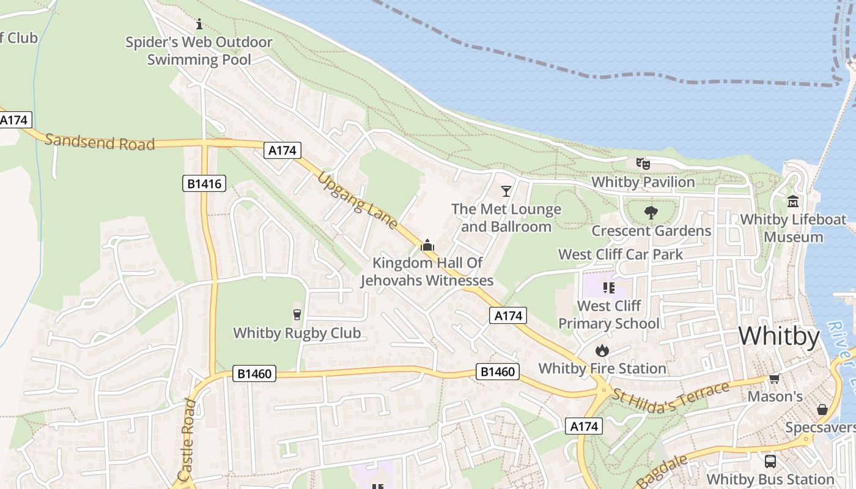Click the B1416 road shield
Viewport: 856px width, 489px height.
[x=204, y=183]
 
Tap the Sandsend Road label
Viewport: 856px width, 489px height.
[x=100, y=142]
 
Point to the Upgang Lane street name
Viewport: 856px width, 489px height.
[x=358, y=200]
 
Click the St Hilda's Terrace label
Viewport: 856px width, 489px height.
[x=671, y=397]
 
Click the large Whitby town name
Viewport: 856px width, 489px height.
[x=779, y=337]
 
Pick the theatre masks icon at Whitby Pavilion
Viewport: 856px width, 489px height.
[x=642, y=163]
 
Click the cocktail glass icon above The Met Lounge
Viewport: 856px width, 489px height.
[x=506, y=191]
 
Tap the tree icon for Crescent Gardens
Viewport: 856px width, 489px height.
[x=651, y=213]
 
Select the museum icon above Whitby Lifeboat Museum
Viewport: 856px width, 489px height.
[x=793, y=201]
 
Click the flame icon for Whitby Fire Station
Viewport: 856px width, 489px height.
[x=602, y=350]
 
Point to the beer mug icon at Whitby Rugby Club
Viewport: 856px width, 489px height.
[x=297, y=315]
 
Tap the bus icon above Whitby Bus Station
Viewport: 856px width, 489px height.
[x=770, y=461]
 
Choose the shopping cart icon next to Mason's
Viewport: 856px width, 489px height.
[x=775, y=378]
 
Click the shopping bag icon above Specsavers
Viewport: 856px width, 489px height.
[x=822, y=409]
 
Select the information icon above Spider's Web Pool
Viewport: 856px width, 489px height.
[x=199, y=24]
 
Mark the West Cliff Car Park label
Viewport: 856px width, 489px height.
[x=621, y=254]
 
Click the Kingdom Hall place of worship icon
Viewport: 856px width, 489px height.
[x=427, y=246]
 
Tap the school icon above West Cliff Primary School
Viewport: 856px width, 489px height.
[x=608, y=287]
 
